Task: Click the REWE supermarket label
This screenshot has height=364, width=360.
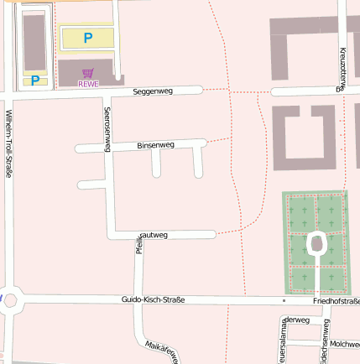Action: tap(88, 84)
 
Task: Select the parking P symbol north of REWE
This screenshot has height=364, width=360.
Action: tap(87, 38)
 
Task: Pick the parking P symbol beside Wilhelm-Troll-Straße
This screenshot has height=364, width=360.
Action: tap(35, 81)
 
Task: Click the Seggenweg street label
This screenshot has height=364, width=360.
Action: tap(153, 91)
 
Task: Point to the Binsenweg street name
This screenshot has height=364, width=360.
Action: tap(155, 145)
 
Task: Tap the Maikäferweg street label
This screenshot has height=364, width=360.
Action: tap(161, 351)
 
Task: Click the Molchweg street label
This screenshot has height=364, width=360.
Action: tap(344, 343)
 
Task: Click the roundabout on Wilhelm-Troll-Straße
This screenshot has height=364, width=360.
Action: tap(10, 299)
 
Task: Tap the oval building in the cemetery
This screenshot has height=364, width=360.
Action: tap(318, 244)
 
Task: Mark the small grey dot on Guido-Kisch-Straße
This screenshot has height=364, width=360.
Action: tap(284, 299)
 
